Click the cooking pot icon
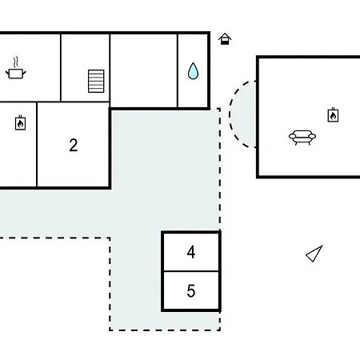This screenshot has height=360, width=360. click(16, 74)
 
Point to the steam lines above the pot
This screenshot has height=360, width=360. click(16, 62)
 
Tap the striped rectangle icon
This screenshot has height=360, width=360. click(96, 82)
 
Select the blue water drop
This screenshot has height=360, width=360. click(193, 71)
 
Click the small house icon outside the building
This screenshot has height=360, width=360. click(225, 39)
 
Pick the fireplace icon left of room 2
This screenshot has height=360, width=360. click(20, 123)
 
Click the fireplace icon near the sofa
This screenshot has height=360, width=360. click(333, 115)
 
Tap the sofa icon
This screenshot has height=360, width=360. click(302, 137)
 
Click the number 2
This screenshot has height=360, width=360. click(74, 146)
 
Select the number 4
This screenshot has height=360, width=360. click(191, 252)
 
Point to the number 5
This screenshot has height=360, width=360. click(191, 290)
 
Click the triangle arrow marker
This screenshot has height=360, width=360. click(314, 254)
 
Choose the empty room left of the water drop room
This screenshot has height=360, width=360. click(144, 70)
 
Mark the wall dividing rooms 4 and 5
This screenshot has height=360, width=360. click(191, 271)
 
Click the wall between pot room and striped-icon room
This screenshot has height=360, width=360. click(61, 68)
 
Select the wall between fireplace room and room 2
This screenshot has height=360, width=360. click(37, 145)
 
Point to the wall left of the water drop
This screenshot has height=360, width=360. click(178, 70)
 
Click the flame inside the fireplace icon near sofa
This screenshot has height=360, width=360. click(333, 116)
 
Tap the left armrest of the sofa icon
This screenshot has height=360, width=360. click(292, 137)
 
